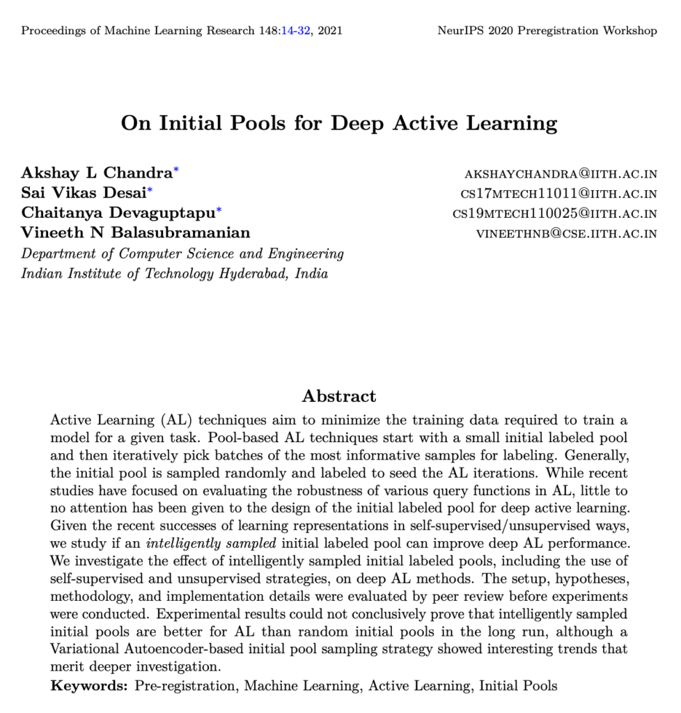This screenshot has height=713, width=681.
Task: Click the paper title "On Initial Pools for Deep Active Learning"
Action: coord(339,123)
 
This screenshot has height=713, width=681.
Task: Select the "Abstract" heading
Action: coord(339,396)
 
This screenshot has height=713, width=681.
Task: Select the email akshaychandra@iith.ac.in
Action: coord(561,174)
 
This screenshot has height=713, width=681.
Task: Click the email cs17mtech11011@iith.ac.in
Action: coord(559,194)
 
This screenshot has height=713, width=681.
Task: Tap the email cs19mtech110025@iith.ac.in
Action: coord(555,214)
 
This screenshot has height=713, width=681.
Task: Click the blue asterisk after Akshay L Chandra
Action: coord(176,170)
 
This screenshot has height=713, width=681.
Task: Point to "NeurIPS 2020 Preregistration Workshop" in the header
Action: coord(547,31)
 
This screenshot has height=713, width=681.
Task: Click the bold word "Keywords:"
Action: coord(89,686)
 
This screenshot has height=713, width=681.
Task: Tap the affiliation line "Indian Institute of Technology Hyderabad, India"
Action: coord(174,273)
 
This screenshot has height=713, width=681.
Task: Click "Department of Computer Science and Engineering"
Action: coord(182,253)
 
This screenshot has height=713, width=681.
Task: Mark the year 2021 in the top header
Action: coord(330,31)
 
